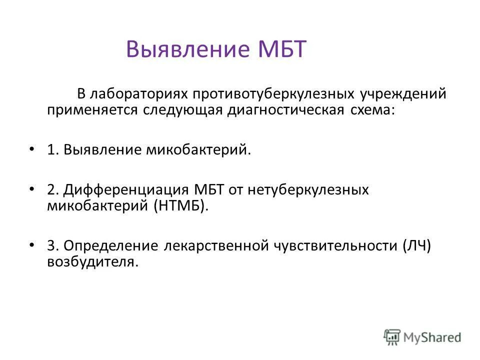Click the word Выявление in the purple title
(188, 50)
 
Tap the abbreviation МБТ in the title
(281, 50)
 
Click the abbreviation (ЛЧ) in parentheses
(416, 246)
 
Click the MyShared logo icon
(392, 336)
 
